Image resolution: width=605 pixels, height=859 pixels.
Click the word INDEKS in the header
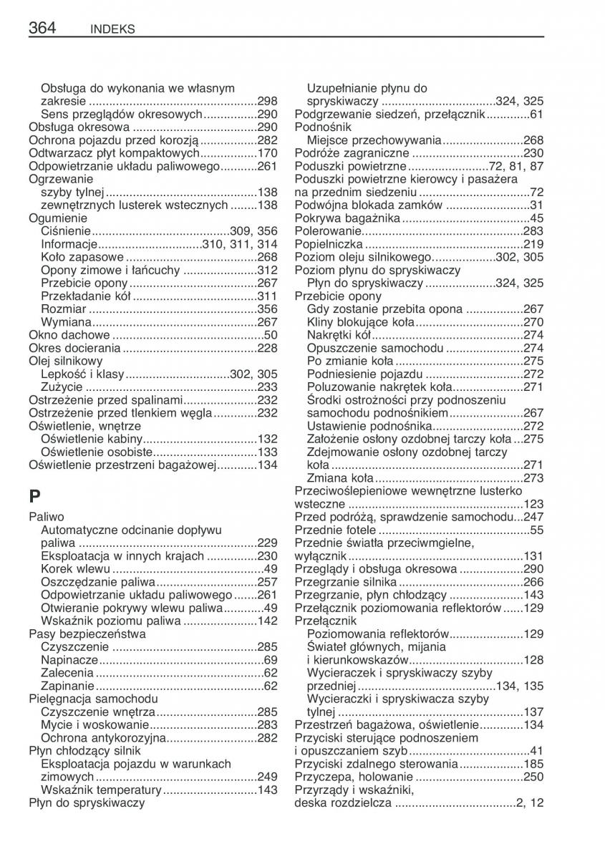pyautogui.click(x=113, y=29)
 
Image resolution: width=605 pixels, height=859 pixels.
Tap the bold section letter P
pyautogui.click(x=35, y=495)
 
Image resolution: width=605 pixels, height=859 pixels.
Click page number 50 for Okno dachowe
pyautogui.click(x=271, y=334)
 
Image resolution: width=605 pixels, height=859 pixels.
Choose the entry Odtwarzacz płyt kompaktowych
pyautogui.click(x=113, y=153)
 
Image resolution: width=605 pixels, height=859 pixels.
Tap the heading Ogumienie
pyautogui.click(x=57, y=218)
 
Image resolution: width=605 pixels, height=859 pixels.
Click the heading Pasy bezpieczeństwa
pyautogui.click(x=87, y=634)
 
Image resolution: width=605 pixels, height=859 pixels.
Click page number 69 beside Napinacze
pyautogui.click(x=271, y=659)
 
